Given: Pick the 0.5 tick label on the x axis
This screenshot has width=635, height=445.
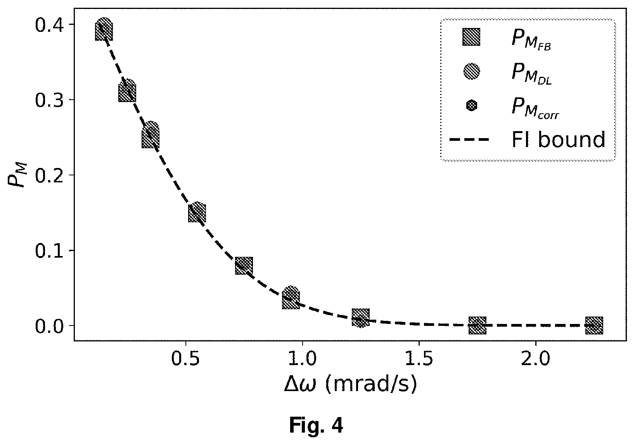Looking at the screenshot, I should [x=186, y=360].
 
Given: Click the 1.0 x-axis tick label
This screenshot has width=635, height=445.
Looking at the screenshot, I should [x=302, y=360].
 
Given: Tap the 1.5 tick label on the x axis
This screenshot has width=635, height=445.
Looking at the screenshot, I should [x=419, y=360].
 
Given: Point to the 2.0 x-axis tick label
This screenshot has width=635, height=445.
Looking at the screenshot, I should [x=535, y=360].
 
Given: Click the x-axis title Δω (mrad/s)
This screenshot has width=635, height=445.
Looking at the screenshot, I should [x=350, y=385].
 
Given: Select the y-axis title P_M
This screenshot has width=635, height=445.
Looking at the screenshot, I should [x=18, y=175].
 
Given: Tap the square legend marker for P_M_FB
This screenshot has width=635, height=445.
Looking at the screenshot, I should [x=471, y=37].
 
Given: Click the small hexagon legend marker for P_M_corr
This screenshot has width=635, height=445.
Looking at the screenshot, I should [x=471, y=106].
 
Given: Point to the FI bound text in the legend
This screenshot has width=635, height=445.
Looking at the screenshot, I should [x=558, y=140].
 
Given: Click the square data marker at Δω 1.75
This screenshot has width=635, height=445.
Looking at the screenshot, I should [x=477, y=325].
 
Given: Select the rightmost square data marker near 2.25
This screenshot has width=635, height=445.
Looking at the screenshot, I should [x=594, y=325].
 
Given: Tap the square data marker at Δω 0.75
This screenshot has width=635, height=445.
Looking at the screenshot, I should [x=244, y=266].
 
